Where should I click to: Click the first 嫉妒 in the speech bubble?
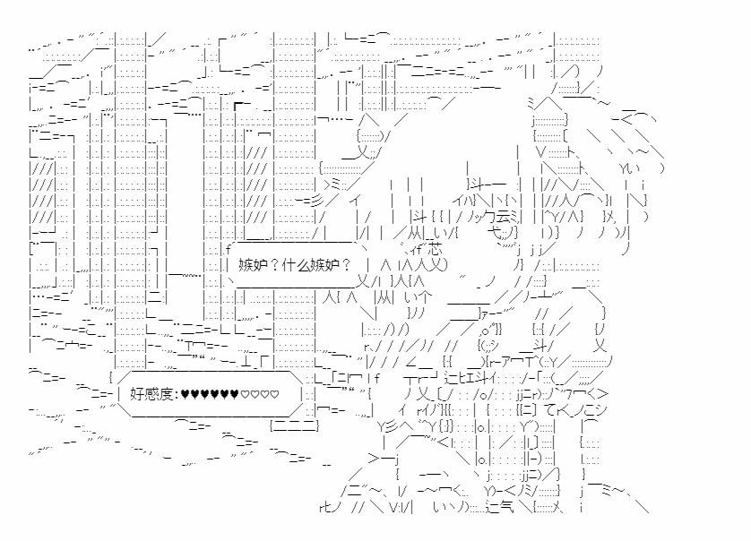(253, 265)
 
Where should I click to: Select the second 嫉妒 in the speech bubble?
(324, 265)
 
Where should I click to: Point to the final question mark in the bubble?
(346, 265)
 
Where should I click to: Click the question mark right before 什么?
(274, 265)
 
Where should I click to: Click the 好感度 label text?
(151, 394)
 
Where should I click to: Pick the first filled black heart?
(186, 394)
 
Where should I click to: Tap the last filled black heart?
(234, 394)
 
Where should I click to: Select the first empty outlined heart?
(245, 394)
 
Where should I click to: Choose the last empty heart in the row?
(274, 394)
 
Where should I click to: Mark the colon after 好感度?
(177, 395)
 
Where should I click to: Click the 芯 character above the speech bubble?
(435, 249)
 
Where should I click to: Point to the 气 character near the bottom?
(506, 507)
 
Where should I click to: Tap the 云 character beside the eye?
(504, 218)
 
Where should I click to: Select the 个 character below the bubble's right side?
(425, 297)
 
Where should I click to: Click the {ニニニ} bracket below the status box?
(294, 425)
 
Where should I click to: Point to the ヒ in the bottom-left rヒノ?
(328, 507)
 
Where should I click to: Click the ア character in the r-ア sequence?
(510, 363)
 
